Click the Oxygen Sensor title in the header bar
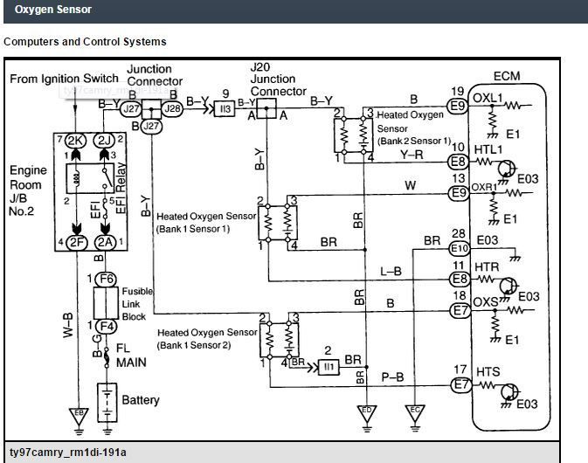click(x=53, y=10)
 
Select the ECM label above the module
click(x=506, y=76)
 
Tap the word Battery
click(x=141, y=400)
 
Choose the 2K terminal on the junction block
click(x=76, y=141)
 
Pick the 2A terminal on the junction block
click(x=106, y=242)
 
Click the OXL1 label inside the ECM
click(x=487, y=96)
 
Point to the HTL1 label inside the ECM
click(x=488, y=150)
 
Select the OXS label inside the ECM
click(x=486, y=301)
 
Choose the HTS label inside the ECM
click(x=487, y=372)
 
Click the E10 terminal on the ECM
click(x=459, y=249)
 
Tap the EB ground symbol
click(x=78, y=414)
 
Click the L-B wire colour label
click(x=391, y=273)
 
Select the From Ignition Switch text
click(x=64, y=79)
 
